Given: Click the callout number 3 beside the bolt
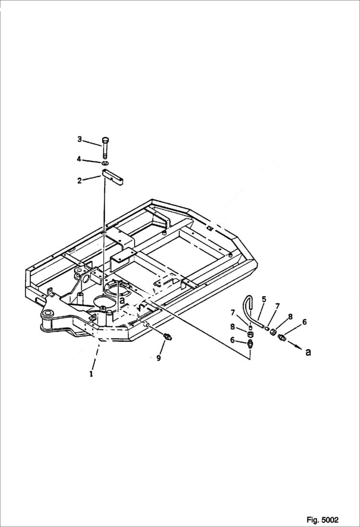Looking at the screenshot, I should [80, 139].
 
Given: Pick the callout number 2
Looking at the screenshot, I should [80, 181].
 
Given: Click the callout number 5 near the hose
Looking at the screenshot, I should [263, 299].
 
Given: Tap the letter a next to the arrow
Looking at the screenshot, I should [308, 352].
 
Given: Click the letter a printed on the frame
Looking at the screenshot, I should [122, 300].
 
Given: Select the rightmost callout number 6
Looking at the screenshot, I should [304, 322].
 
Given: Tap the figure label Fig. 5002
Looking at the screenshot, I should [322, 520].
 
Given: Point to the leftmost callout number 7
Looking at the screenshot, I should [233, 313].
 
